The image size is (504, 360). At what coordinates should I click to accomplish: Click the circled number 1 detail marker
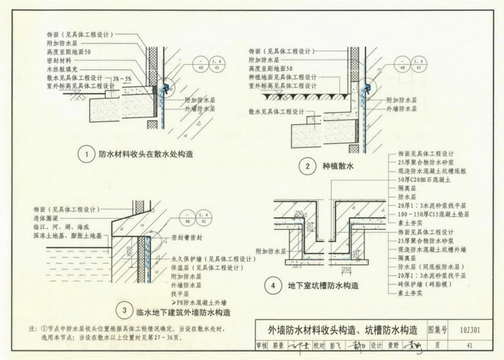click(x=86, y=154)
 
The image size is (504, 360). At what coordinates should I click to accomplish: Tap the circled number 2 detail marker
click(x=307, y=167)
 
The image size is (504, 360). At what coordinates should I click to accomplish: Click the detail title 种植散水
click(x=341, y=167)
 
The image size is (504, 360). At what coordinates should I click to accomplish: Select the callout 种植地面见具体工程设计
click(x=282, y=77)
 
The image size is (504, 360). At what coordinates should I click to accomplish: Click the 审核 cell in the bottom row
click(x=261, y=345)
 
